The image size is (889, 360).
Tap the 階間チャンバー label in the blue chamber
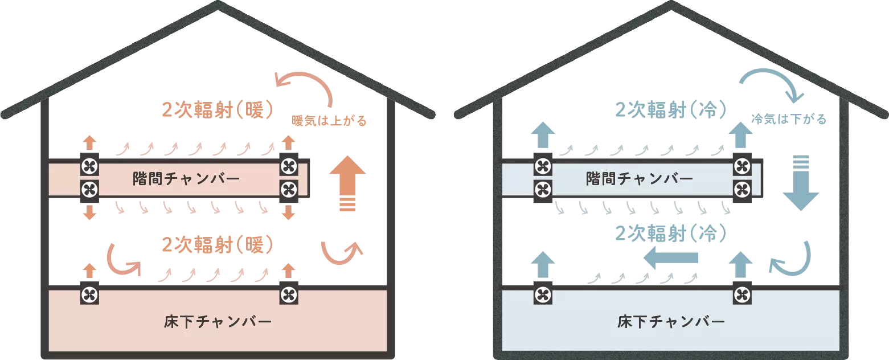pos(639,179)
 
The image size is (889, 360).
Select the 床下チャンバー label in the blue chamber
pos(671,321)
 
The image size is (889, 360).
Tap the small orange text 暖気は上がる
pos(329,121)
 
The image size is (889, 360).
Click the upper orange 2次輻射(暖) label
pos(218,109)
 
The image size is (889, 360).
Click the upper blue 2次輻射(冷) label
pos(670,109)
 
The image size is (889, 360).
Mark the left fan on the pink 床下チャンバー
pos(89,295)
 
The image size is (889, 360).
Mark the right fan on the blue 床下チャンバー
pos(741,295)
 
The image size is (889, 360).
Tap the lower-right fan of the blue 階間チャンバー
pos(741,188)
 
